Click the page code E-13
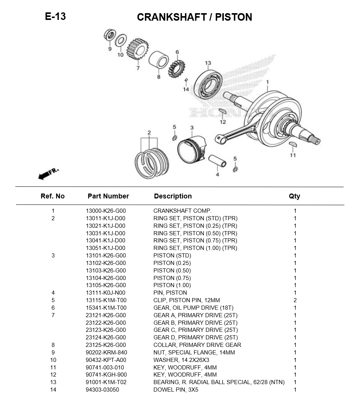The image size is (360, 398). (55, 17)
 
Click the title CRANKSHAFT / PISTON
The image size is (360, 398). (194, 17)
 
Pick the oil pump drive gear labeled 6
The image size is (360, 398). (176, 68)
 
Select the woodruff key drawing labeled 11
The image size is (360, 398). (293, 145)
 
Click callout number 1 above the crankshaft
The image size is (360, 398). (267, 82)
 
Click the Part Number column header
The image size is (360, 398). (108, 196)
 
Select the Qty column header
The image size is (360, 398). (295, 196)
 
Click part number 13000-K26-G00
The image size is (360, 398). (106, 211)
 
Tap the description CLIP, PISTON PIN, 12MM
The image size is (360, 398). (187, 300)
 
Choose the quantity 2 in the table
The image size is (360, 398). (295, 300)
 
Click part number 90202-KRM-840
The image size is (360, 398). (106, 353)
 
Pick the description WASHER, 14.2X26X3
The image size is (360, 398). (181, 360)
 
